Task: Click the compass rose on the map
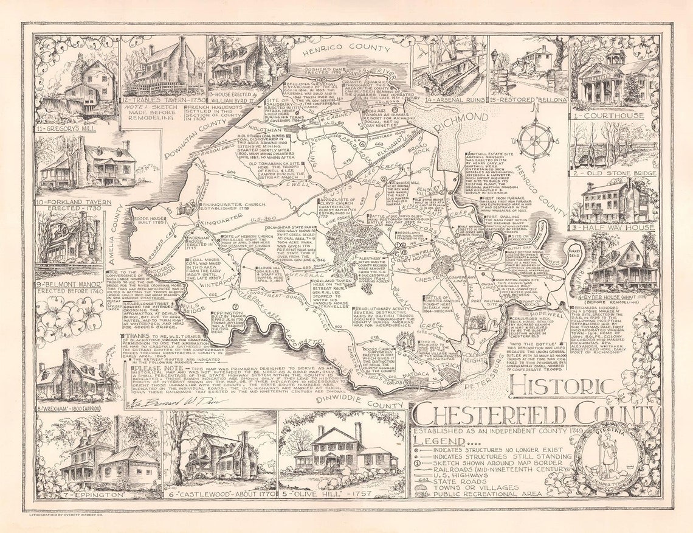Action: pos(535,139)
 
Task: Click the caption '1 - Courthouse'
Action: pos(613,116)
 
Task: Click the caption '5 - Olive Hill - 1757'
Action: pos(341,495)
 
